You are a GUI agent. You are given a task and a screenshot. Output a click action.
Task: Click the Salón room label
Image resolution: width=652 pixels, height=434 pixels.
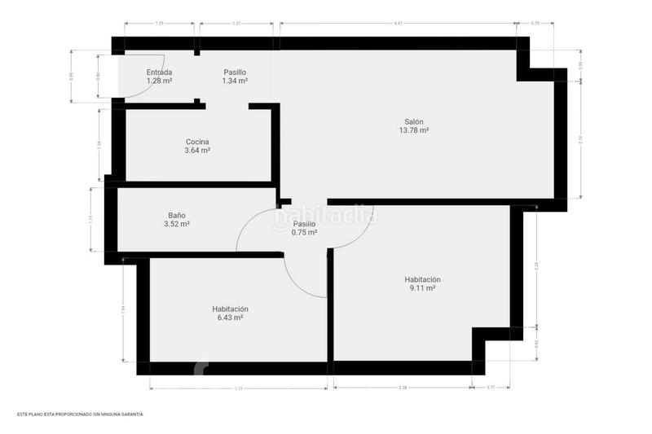click(414, 121)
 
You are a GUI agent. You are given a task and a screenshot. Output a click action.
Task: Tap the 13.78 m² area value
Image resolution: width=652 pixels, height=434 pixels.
click(414, 130)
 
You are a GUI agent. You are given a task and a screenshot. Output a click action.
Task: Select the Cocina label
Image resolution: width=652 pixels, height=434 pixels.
click(197, 142)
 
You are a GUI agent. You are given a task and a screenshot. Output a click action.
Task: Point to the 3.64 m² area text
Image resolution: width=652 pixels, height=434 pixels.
click(197, 151)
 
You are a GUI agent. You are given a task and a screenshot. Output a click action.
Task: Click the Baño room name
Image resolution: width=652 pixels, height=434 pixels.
click(177, 215)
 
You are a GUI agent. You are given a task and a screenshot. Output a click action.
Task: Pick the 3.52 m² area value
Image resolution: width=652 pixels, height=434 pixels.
click(177, 224)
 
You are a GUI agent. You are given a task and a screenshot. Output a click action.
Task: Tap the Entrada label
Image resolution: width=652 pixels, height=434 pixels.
click(159, 72)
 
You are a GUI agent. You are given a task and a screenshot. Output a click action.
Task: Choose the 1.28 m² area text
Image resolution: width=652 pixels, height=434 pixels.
click(159, 81)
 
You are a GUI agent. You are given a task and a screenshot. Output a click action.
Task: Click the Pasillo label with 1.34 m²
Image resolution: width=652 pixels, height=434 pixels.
click(235, 72)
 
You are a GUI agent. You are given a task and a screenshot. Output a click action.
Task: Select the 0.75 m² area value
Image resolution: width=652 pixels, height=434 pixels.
click(304, 232)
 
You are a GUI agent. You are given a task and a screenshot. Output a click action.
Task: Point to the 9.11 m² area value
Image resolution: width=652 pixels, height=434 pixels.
click(422, 287)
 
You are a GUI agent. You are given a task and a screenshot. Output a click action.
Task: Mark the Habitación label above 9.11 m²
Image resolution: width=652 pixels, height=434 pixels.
click(422, 278)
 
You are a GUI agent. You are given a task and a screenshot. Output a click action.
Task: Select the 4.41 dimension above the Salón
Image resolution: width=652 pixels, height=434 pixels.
click(398, 24)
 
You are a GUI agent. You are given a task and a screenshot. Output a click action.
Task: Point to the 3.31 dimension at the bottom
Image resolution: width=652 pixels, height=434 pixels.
click(238, 388)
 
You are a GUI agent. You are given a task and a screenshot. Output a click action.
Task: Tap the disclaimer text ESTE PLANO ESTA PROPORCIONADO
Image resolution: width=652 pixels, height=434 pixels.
click(80, 414)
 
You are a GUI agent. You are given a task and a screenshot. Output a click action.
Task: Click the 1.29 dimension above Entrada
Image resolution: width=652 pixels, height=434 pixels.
click(160, 24)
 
